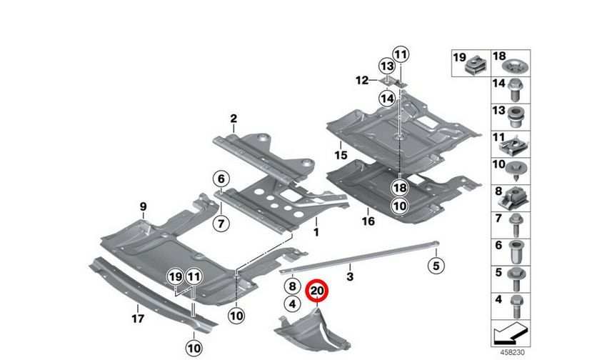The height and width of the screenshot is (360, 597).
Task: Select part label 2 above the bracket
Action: (233, 118)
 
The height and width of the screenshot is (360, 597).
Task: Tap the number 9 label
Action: (143, 206)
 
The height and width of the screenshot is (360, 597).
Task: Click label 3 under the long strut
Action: (351, 275)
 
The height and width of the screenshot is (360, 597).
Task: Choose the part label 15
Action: (339, 154)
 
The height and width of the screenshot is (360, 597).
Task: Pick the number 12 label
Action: (363, 81)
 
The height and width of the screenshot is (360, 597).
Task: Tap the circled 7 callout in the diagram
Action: (221, 224)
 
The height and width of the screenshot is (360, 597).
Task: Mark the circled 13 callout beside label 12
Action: (386, 66)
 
